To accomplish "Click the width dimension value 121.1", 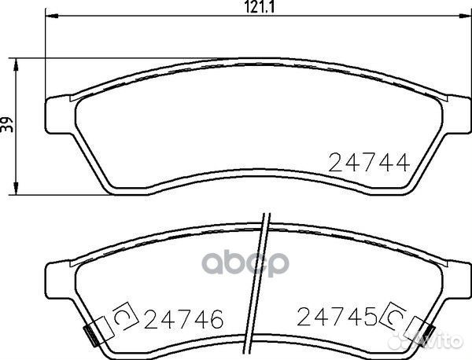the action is tap(259, 7).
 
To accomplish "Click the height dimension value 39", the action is tap(7, 124).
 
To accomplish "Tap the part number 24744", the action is tap(369, 163).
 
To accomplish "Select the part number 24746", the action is tap(183, 318).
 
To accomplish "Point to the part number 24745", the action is tap(337, 317).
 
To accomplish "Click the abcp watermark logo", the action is tap(245, 263).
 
